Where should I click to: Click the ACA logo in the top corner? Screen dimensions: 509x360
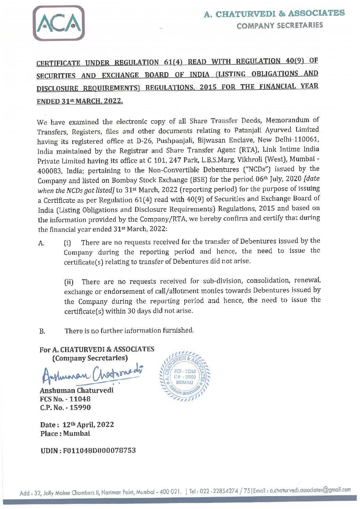(x=59, y=23)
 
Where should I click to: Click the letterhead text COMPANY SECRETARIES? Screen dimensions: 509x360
(x=280, y=25)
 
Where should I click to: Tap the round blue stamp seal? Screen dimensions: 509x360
(x=185, y=377)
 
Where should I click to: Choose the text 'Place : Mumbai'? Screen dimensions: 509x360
(x=65, y=433)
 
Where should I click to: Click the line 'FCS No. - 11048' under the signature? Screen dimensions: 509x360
(x=65, y=399)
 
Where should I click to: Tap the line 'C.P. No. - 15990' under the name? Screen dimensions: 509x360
(x=65, y=407)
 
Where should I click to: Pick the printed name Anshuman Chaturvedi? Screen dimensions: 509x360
(x=77, y=390)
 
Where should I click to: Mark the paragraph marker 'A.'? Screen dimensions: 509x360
(x=41, y=243)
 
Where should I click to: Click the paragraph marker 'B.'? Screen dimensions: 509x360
(x=42, y=331)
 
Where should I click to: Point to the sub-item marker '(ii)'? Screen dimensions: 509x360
(x=69, y=282)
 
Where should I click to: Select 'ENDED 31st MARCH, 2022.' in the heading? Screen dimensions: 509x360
(x=80, y=101)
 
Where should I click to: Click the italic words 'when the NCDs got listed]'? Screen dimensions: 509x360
(x=76, y=190)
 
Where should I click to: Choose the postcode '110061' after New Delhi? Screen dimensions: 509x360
(x=308, y=140)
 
